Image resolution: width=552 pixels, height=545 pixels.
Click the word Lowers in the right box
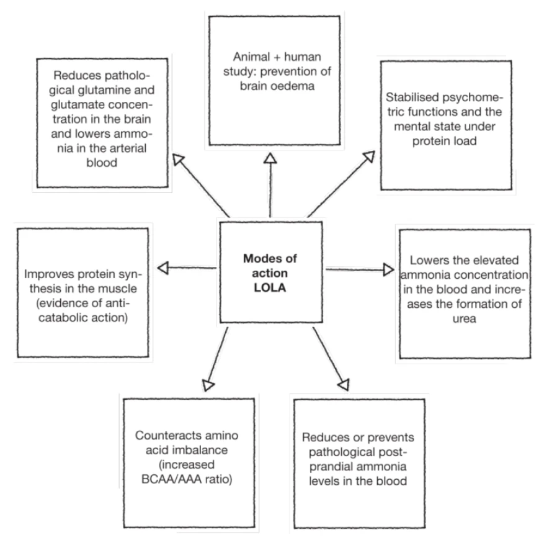pos(429,258)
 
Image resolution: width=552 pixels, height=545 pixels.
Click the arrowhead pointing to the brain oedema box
pos(269,160)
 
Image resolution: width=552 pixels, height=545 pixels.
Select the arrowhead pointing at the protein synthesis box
pos(163,268)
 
